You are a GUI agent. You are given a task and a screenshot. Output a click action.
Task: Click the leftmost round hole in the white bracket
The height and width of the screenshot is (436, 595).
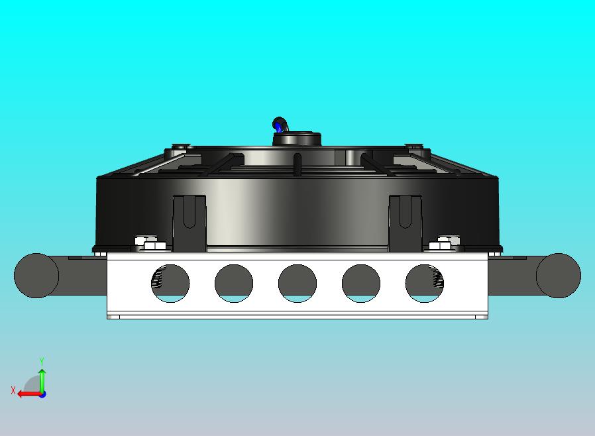point(170,283)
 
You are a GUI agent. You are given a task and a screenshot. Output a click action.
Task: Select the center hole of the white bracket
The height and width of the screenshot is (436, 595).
point(297,283)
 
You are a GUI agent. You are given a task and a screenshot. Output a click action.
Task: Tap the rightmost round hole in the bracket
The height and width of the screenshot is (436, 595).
point(424,283)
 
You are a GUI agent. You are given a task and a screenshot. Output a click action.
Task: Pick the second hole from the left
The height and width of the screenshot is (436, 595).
point(233,283)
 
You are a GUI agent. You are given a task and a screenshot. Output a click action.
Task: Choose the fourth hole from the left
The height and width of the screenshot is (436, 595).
point(360,283)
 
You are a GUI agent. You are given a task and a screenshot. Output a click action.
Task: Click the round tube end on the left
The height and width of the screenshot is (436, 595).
point(36,275)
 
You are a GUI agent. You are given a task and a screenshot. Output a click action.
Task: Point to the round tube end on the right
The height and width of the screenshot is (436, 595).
point(558,275)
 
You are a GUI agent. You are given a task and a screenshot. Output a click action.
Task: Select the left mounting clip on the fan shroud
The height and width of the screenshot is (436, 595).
point(189,221)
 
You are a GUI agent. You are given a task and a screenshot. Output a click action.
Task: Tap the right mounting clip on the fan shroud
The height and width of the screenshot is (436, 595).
point(405,221)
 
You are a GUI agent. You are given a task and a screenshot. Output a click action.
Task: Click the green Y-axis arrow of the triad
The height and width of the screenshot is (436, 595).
point(42,379)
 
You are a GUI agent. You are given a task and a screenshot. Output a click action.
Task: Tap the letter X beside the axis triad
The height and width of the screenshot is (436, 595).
point(13,391)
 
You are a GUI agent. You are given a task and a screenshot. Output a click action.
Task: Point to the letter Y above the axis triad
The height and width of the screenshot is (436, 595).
point(42,361)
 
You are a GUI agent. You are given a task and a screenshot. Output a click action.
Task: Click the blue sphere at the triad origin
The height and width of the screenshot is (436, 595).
point(42,394)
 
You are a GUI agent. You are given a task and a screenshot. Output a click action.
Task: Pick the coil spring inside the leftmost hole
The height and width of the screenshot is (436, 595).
point(157,280)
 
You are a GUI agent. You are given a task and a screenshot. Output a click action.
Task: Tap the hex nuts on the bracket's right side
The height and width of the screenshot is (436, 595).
point(444,243)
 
